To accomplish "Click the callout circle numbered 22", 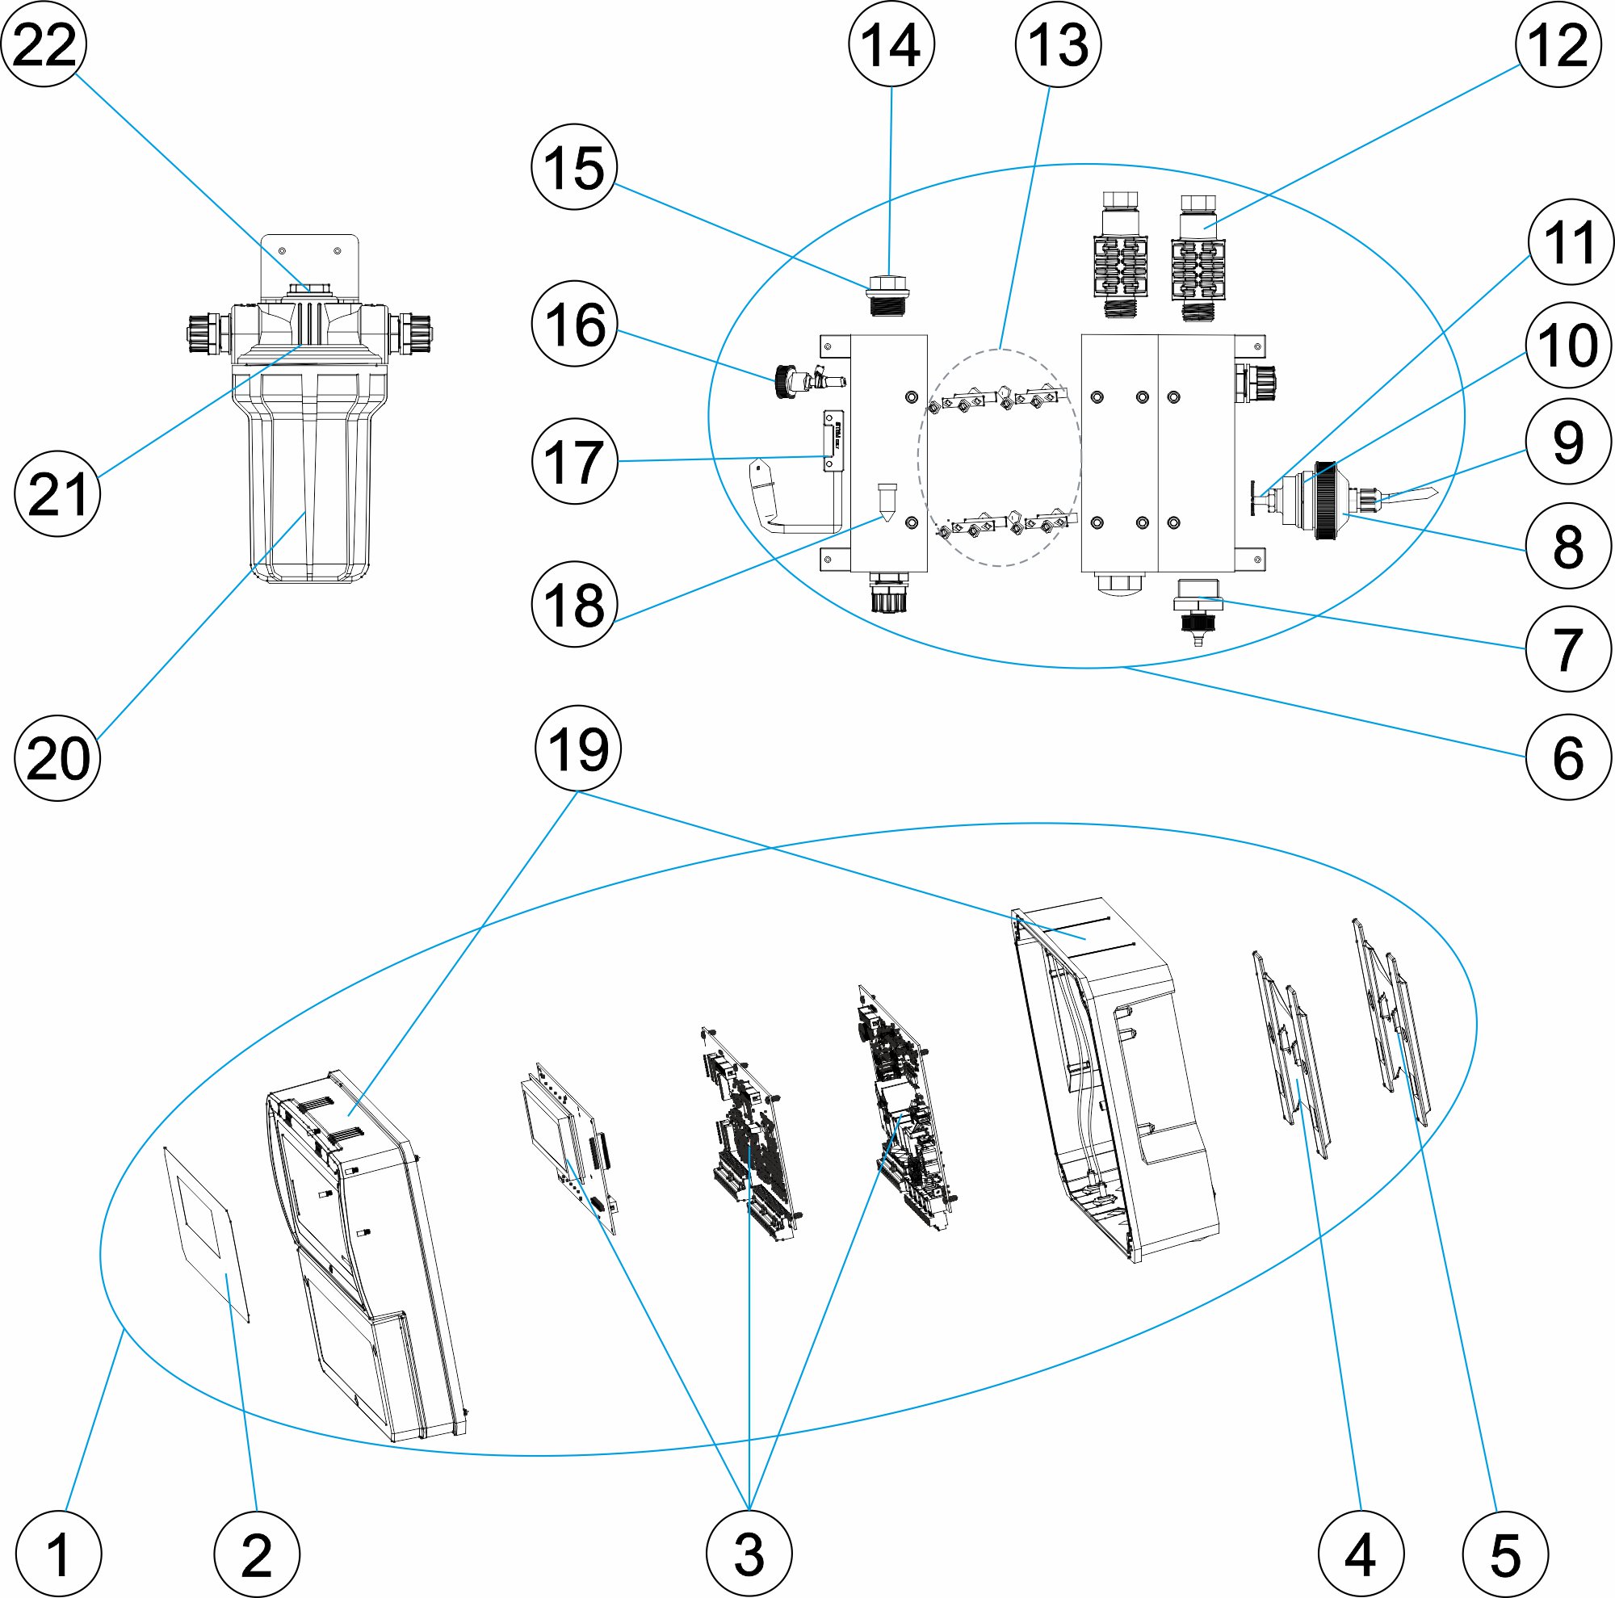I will click(x=44, y=44).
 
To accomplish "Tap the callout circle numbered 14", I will click(x=891, y=44).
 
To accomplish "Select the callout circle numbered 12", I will click(x=1558, y=44).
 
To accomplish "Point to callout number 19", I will click(x=577, y=749).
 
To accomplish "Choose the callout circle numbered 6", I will click(x=1568, y=757).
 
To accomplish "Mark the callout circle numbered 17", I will click(x=575, y=460).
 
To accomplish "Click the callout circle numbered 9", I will click(x=1568, y=442).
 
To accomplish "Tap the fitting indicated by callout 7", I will click(x=1197, y=602).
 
